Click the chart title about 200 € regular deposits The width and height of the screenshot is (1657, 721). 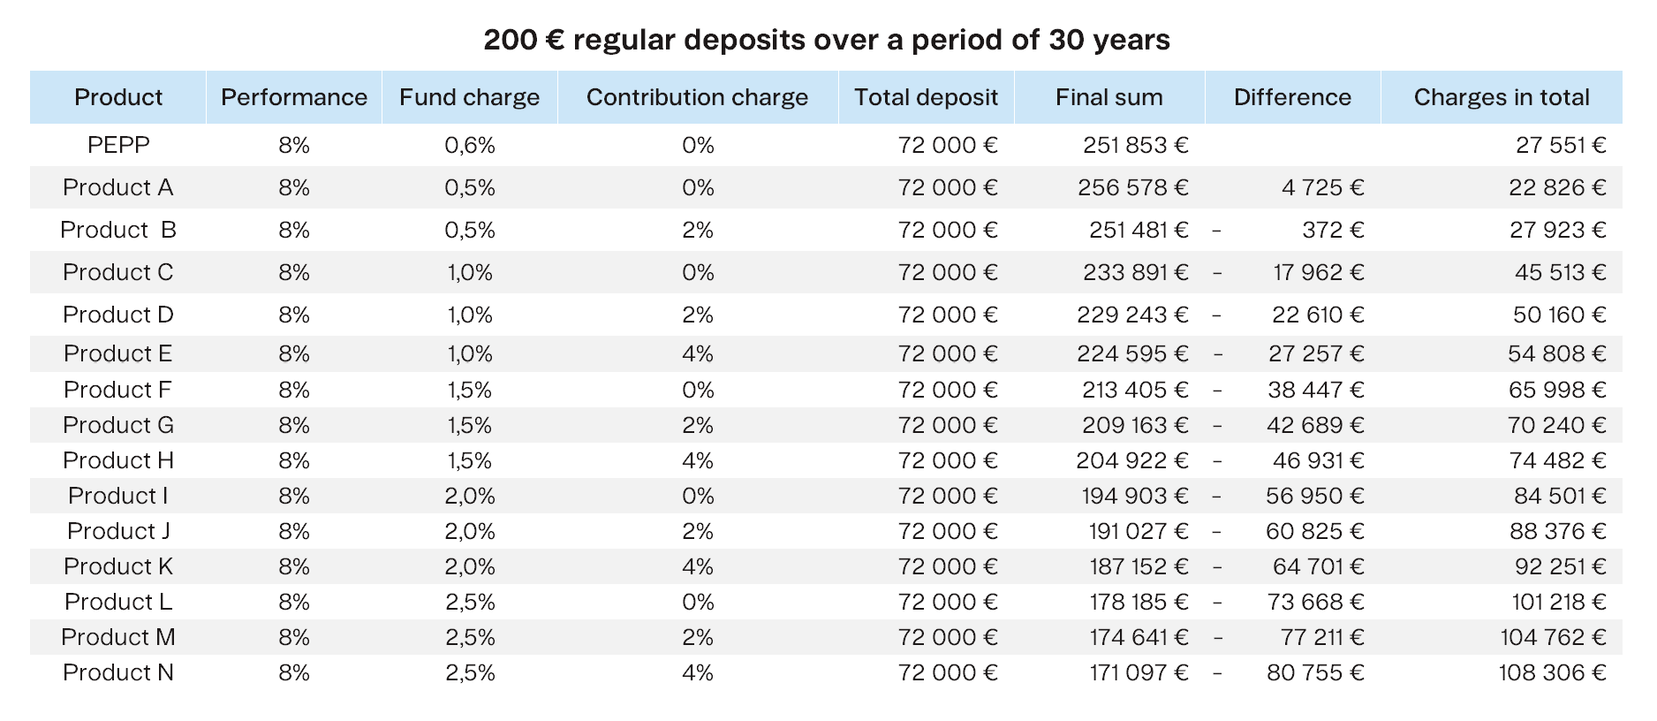[827, 40]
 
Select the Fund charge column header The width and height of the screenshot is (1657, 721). [469, 97]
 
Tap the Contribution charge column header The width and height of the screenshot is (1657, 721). [697, 97]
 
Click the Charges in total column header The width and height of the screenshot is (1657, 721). [1502, 97]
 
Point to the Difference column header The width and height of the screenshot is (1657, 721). [1292, 97]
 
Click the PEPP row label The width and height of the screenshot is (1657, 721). [118, 145]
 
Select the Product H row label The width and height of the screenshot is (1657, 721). [118, 460]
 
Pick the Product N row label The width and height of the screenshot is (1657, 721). [118, 672]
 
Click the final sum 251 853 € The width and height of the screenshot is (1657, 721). [1136, 145]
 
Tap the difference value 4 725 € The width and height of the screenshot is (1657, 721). [1322, 187]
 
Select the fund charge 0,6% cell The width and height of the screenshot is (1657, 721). [470, 145]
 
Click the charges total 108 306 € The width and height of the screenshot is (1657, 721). [1552, 672]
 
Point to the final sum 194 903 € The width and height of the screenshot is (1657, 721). [1135, 496]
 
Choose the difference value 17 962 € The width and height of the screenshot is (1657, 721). [1318, 272]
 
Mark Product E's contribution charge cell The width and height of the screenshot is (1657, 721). [698, 353]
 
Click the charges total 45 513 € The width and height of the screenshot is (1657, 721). [1560, 272]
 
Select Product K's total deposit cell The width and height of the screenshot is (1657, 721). [948, 566]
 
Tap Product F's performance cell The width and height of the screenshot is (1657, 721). [294, 390]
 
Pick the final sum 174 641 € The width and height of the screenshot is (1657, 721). [1139, 637]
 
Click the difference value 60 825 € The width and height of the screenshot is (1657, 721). [1314, 531]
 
